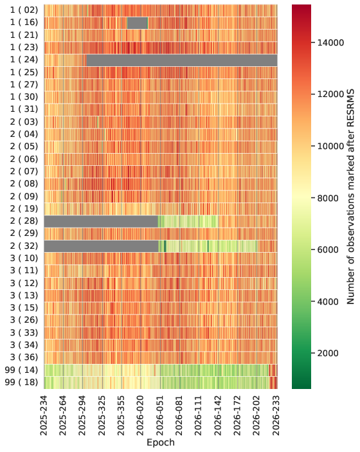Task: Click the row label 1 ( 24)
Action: pyautogui.click(x=24, y=60)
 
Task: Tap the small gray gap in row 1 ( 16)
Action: pyautogui.click(x=137, y=23)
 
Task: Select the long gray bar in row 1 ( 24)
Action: pyautogui.click(x=182, y=60)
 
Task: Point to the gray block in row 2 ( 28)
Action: pyautogui.click(x=101, y=221)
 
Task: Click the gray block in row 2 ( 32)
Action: pyautogui.click(x=101, y=246)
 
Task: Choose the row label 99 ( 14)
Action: pyautogui.click(x=21, y=370)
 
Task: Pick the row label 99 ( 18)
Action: pyautogui.click(x=21, y=383)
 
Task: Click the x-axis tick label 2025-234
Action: pyautogui.click(x=44, y=415)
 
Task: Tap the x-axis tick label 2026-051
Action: pyautogui.click(x=160, y=415)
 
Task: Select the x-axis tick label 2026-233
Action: pyautogui.click(x=276, y=415)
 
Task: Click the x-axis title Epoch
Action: pyautogui.click(x=161, y=442)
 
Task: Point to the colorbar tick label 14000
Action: pyautogui.click(x=330, y=42)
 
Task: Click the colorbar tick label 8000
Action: pyautogui.click(x=328, y=198)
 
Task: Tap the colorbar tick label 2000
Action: pyautogui.click(x=328, y=353)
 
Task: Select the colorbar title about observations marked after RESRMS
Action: pyautogui.click(x=350, y=197)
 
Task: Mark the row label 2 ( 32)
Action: pyautogui.click(x=24, y=246)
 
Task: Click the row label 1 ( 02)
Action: pyautogui.click(x=24, y=10)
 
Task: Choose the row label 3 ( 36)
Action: pyautogui.click(x=24, y=357)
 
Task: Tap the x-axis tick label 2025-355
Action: pyautogui.click(x=122, y=415)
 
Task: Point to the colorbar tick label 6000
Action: pyautogui.click(x=328, y=249)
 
